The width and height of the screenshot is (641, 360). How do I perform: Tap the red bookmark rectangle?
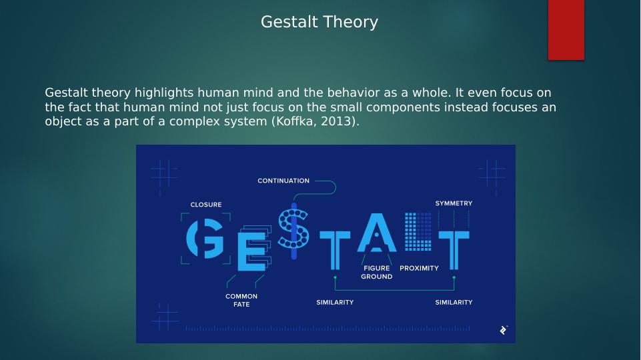click(566, 29)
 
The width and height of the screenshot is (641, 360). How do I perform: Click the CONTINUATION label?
click(283, 181)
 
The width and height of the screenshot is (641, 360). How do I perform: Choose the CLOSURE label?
click(205, 205)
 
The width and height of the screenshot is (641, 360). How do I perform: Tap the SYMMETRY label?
click(454, 203)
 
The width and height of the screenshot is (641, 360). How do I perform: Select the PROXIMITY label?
click(419, 268)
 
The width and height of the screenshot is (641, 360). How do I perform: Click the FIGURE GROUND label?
click(377, 272)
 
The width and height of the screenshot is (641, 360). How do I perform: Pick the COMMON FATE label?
click(241, 300)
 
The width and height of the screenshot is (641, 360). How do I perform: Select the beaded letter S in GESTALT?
click(293, 230)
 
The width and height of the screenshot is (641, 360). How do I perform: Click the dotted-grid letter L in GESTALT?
click(419, 231)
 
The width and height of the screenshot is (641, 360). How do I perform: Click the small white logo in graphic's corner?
click(503, 330)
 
